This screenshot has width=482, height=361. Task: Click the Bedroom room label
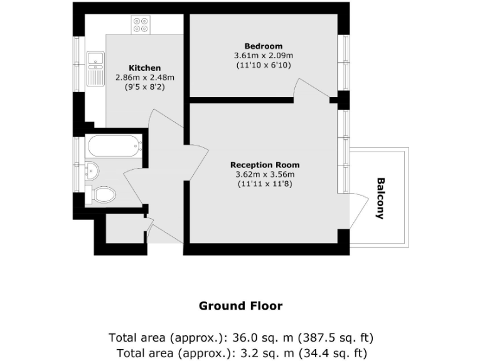tap(264, 46)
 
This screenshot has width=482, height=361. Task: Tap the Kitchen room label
tap(145, 68)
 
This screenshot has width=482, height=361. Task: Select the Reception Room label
tap(264, 165)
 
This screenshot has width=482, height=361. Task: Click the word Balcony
tap(380, 199)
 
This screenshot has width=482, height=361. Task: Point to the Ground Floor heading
tap(240, 306)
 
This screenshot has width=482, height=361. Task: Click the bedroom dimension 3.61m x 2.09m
tap(264, 55)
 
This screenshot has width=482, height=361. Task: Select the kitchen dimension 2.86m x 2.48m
tap(145, 77)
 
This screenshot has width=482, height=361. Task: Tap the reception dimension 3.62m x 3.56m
tap(264, 174)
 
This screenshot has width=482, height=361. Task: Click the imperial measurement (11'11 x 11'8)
tap(264, 184)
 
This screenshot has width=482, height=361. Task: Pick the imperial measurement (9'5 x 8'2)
tap(145, 87)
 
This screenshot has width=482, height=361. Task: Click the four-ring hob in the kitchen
tap(141, 24)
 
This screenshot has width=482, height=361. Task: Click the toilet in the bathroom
tap(103, 194)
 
